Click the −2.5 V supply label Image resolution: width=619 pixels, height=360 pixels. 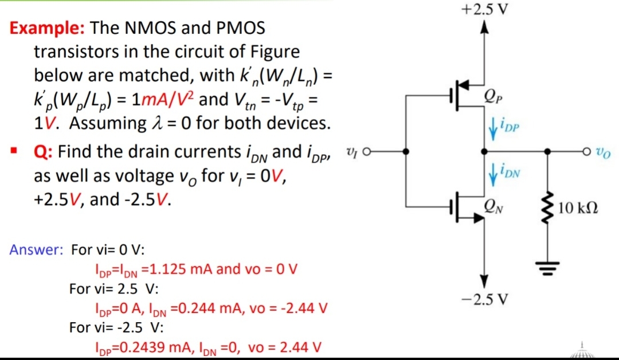[x=483, y=300]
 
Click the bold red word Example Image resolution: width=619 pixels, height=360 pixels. [x=48, y=27]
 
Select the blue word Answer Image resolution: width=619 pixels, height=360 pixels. [x=36, y=251]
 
